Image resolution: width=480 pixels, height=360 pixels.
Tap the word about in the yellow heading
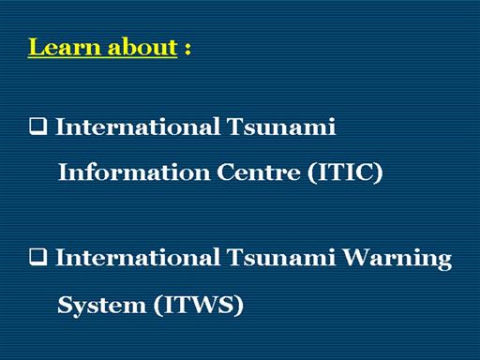coord(142,47)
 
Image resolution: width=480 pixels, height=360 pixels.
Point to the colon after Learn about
coord(187,49)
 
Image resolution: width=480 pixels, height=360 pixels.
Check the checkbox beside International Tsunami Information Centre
coord(38,126)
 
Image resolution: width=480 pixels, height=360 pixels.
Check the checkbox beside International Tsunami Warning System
coord(38,257)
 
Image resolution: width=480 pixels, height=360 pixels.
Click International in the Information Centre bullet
coord(137,127)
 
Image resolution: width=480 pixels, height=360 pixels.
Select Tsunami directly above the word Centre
coord(281,127)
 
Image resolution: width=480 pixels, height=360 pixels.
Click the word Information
coord(134,172)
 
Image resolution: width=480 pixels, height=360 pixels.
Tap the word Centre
coord(259,172)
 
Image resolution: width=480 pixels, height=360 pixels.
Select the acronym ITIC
coord(345,172)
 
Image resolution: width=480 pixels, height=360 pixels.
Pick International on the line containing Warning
coord(137,258)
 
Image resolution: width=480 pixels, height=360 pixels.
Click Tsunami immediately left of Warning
coord(281,258)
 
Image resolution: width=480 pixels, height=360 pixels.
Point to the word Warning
coord(397,259)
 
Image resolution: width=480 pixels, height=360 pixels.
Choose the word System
coord(102,306)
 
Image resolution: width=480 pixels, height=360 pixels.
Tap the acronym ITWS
coord(199,305)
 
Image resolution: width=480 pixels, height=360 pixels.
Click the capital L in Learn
coord(37,48)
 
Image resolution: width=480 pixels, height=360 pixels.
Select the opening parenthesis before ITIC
coord(311,172)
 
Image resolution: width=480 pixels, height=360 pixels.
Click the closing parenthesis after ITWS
coord(239,306)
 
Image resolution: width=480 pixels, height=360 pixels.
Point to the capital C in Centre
coord(225,172)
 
